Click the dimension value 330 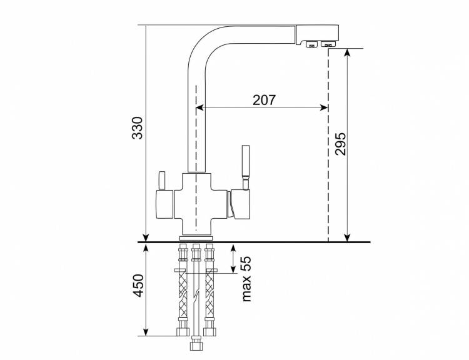click(x=138, y=127)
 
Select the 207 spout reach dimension click(x=264, y=100)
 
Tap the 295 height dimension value click(x=340, y=144)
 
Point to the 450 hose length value click(x=138, y=285)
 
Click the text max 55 click(x=246, y=279)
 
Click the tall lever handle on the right click(x=245, y=167)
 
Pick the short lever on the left click(x=161, y=181)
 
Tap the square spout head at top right click(x=317, y=34)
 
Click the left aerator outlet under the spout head click(x=311, y=44)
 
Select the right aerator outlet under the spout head click(x=328, y=44)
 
